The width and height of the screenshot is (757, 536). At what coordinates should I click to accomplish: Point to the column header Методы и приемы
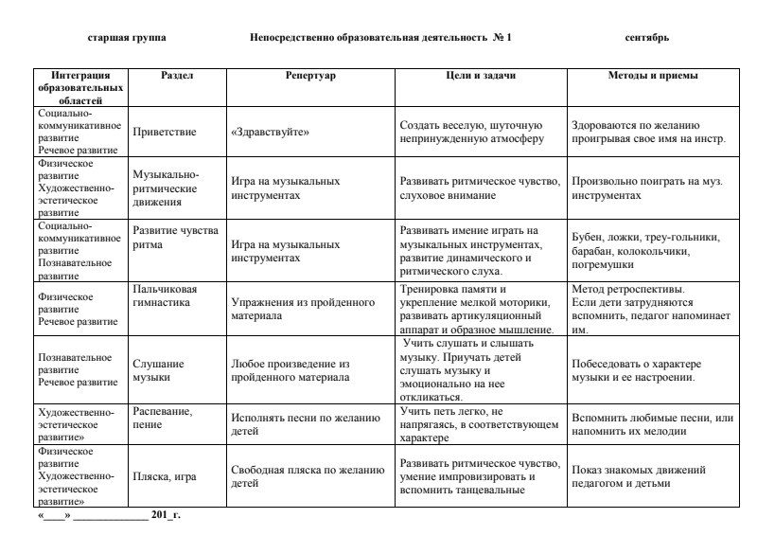[653, 74]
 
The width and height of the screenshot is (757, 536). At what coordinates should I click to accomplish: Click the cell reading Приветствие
[165, 133]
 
